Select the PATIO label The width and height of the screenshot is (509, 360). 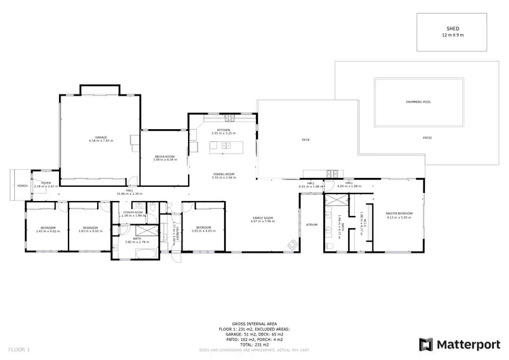click(x=428, y=137)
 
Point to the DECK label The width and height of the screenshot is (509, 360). click(x=305, y=140)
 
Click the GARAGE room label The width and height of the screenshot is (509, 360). click(x=100, y=137)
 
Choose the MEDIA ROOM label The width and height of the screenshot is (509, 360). click(x=164, y=156)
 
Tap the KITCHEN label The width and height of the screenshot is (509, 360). click(x=224, y=130)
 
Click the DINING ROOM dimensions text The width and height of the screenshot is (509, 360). click(x=224, y=177)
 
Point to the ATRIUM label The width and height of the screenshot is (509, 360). click(x=312, y=223)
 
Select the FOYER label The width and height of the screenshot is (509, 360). click(x=46, y=182)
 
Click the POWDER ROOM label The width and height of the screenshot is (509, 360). click(x=133, y=212)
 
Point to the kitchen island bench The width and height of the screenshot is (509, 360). click(x=219, y=145)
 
